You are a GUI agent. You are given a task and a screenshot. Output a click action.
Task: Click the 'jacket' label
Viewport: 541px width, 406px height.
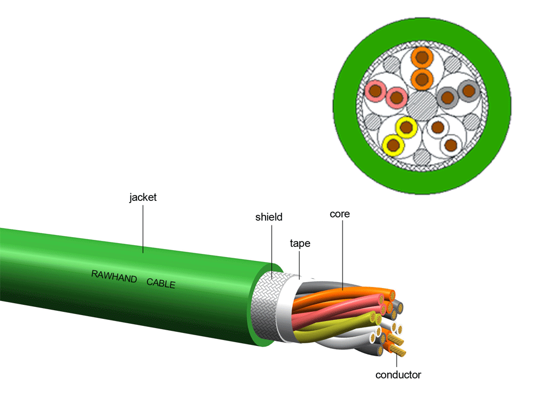point(143,198)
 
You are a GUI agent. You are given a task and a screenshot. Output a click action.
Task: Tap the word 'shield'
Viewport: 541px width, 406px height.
point(269,218)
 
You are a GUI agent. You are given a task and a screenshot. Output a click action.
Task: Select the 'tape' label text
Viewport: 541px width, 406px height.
point(300,244)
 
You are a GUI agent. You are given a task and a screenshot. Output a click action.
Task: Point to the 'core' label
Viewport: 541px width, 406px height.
point(340,214)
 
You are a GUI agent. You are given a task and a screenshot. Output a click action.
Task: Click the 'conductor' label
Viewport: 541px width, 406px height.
point(398,375)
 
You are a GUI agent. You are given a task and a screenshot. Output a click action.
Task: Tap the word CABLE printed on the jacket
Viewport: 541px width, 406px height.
point(161,282)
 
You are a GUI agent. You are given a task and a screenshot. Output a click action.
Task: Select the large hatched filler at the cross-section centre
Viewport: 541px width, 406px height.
point(421,106)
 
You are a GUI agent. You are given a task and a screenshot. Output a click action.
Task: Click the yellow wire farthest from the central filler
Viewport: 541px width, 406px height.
point(393,145)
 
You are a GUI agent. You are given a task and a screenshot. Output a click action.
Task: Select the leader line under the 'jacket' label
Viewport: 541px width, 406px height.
point(143,227)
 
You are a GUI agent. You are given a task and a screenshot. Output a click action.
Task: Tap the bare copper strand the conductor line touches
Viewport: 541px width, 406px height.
point(400,352)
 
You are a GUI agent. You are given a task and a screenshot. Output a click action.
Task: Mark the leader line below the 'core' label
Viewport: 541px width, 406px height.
point(342,254)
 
